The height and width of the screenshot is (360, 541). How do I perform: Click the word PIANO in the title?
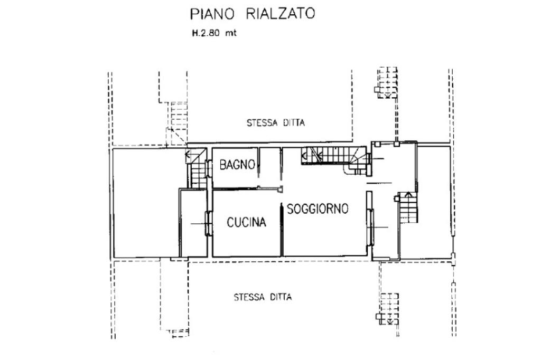pos(212,14)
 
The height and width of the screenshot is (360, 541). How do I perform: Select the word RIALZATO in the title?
pos(280,14)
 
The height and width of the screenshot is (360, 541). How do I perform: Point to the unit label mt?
pos(231,33)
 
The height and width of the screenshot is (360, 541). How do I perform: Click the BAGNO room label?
pos(237,165)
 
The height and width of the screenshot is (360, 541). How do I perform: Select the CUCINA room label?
pos(246,222)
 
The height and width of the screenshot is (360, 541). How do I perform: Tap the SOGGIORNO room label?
pos(318,209)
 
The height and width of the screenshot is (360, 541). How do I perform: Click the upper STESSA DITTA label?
pos(276,123)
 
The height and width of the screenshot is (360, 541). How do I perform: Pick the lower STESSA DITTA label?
pos(263,297)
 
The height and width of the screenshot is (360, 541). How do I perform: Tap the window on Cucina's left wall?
pos(208,223)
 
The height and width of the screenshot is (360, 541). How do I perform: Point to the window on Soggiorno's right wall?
pos(370,227)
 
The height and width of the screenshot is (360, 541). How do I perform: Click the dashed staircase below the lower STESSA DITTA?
pos(388,309)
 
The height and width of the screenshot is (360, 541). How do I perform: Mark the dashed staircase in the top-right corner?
pos(386,83)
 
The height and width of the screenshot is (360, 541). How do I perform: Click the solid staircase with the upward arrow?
pos(408,207)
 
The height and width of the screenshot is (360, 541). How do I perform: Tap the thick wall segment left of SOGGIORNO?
pos(282,230)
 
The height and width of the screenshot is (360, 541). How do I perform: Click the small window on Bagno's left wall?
pos(209,168)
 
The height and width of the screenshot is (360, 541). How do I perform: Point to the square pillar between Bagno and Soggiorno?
pos(281,188)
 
